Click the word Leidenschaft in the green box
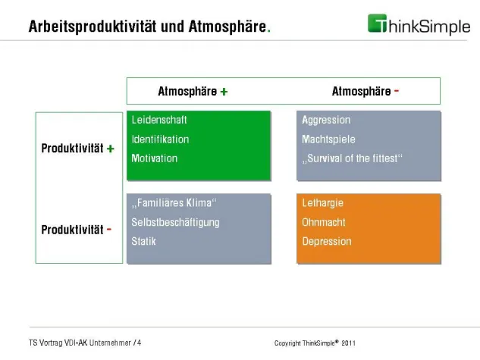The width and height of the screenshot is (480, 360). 159,120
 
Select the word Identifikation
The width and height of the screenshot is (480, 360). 160,139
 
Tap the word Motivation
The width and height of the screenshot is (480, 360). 155,158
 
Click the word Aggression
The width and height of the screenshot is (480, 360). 326,120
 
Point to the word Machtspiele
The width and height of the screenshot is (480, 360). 328,139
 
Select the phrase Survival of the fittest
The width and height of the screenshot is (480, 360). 352,158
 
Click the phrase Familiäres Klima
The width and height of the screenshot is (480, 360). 174,203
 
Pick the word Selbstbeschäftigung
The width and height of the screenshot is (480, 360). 175,222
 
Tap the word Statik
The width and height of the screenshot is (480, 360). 144,241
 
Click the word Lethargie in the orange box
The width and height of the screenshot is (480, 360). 322,203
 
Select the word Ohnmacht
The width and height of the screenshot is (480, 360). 324,222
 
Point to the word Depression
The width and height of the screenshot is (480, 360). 327,241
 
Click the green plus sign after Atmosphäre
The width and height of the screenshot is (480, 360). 224,92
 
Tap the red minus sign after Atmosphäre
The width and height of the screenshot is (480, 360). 397,91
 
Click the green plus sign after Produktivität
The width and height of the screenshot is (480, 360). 111,149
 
